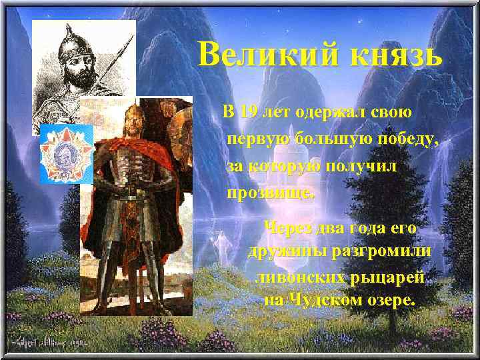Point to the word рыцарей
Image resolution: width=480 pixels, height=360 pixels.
click(387, 277)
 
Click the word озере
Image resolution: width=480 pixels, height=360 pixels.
click(390, 300)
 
